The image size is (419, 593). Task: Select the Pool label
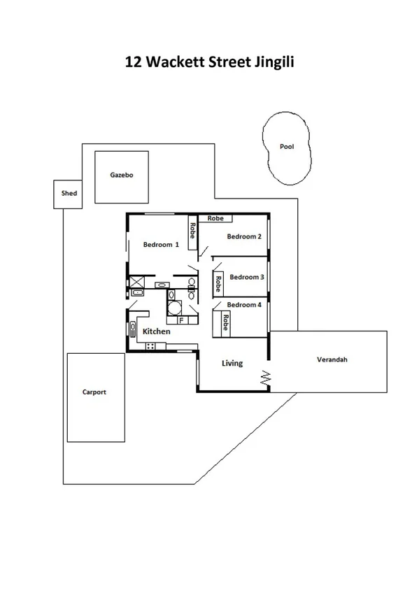click(287, 147)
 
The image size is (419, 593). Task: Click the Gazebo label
click(121, 176)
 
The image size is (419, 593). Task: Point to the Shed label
click(69, 194)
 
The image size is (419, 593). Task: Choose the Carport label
click(94, 392)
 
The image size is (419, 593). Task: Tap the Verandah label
click(332, 360)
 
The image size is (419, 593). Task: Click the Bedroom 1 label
click(161, 245)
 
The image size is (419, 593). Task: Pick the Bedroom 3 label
click(246, 277)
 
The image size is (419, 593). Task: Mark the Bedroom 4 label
click(244, 305)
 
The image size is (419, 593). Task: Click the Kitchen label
click(156, 331)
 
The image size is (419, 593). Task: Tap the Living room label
click(232, 364)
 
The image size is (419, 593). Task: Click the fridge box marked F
click(182, 320)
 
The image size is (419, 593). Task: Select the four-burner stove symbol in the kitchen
click(150, 346)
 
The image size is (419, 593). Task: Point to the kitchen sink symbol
click(132, 329)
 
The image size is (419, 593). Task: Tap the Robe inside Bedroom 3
click(218, 283)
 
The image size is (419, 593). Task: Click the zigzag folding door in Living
click(266, 378)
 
